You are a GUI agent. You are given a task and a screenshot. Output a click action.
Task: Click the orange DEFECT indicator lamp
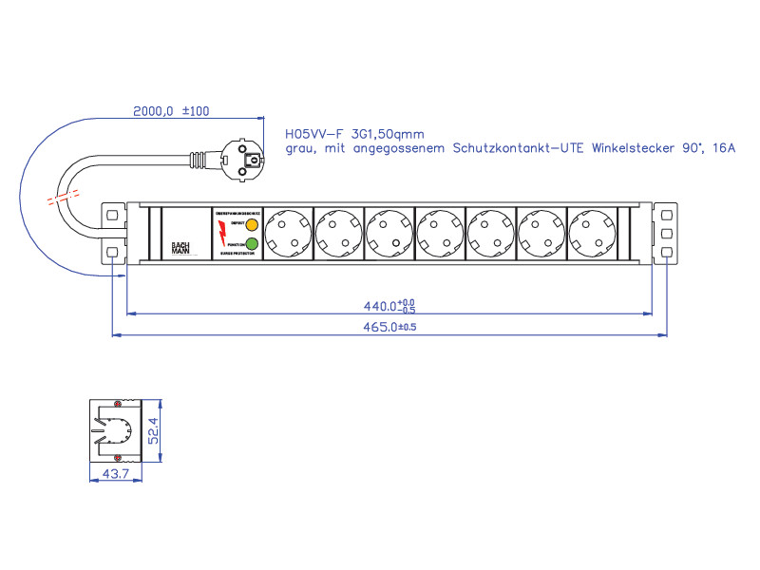(251, 225)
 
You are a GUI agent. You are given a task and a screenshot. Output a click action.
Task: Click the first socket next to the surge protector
(287, 234)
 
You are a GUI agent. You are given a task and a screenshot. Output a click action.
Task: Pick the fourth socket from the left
(440, 234)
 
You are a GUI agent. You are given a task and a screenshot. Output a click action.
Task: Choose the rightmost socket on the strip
(592, 234)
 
